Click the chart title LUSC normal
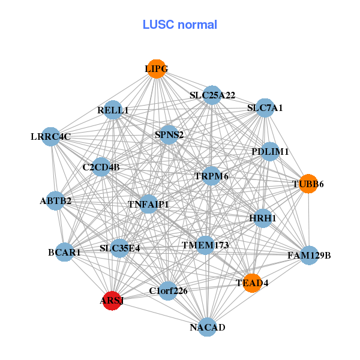tap(179, 25)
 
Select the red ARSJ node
tap(112, 301)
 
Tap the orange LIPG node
tap(156, 68)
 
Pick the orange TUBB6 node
tap(308, 184)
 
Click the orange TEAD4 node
tap(252, 283)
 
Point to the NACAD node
tap(207, 327)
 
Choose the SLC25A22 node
tap(212, 95)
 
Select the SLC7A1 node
tap(265, 108)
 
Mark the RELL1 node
tap(113, 110)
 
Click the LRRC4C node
tap(51, 137)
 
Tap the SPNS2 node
tap(169, 134)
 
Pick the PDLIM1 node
tap(270, 152)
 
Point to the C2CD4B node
tap(101, 167)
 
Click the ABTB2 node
tap(55, 200)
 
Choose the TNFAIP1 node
tap(148, 205)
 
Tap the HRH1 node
tap(263, 218)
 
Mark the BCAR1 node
tap(65, 253)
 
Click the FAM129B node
tap(309, 256)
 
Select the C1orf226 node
tap(168, 291)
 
